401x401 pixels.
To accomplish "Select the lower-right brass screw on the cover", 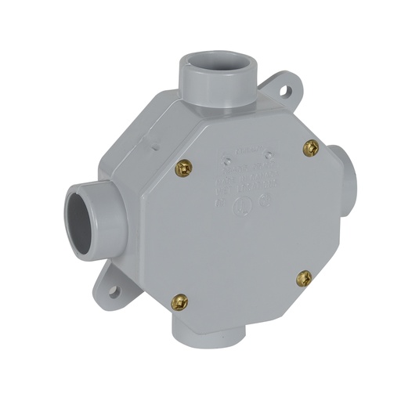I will [304, 277].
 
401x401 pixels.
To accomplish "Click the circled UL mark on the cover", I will [242, 206].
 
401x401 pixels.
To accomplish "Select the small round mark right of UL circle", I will [265, 200].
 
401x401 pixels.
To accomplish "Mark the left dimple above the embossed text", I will [227, 161].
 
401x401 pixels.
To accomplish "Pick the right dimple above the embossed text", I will [268, 155].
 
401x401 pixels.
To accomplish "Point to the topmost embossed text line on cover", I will [248, 150].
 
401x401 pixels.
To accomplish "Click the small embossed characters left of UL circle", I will [220, 203].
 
